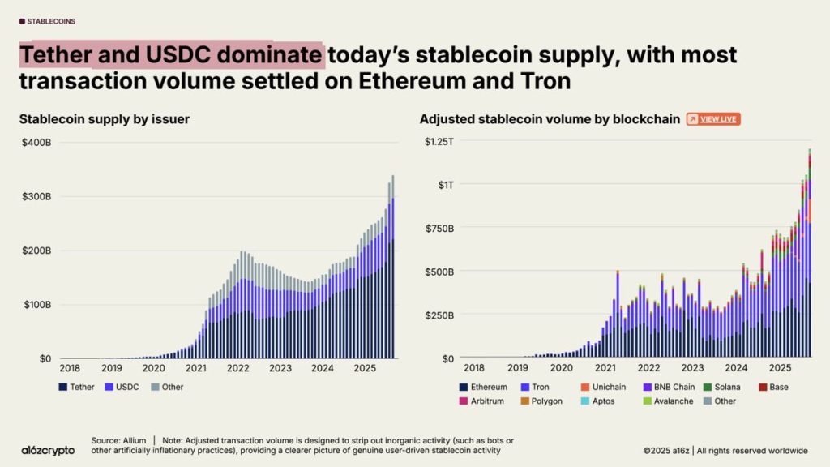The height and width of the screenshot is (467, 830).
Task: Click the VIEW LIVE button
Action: click(x=713, y=119)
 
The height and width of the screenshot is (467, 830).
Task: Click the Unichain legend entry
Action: click(x=605, y=387)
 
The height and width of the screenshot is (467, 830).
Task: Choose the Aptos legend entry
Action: click(x=601, y=401)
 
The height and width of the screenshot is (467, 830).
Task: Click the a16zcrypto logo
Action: click(x=49, y=448)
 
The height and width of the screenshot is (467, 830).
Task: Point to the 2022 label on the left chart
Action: click(x=238, y=367)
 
